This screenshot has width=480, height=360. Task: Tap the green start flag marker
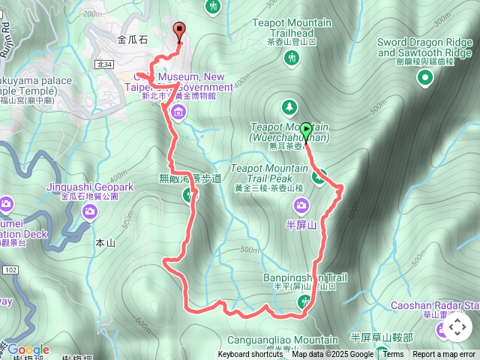coord(306,129)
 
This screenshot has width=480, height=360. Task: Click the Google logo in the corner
coord(28,349)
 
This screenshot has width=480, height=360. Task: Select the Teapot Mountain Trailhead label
coord(292,28)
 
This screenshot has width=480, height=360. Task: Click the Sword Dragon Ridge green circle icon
coord(426,77)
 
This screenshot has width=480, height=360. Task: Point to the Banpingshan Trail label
coord(304,277)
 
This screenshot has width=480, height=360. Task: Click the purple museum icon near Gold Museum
coord(178,113)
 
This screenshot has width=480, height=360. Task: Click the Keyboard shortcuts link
coord(250,355)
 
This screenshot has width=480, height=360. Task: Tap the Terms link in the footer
coord(393,355)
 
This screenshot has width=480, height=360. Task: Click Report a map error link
coord(444,355)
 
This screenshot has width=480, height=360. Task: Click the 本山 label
coord(106,243)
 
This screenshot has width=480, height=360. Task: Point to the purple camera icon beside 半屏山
coord(301,204)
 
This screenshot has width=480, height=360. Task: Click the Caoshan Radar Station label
coord(435,306)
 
